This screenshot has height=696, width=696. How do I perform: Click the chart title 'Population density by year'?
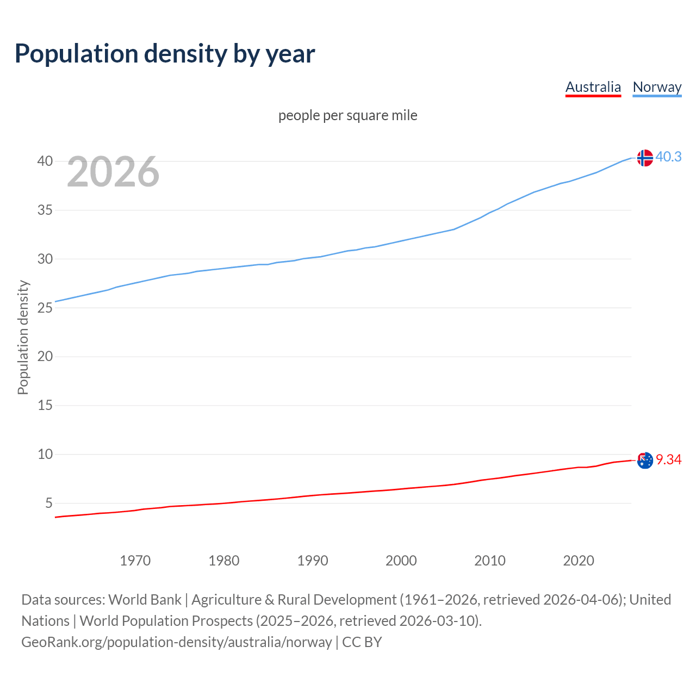tap(165, 53)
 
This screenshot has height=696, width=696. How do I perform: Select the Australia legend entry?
tap(593, 87)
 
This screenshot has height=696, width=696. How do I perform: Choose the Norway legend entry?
tap(657, 87)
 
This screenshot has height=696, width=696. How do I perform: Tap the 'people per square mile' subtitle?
tap(347, 115)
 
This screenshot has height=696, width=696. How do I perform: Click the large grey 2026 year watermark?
tap(113, 172)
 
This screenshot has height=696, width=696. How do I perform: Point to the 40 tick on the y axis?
tap(45, 161)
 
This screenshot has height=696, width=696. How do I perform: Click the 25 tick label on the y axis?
tap(45, 308)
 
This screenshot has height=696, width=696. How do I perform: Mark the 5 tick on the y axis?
tap(49, 503)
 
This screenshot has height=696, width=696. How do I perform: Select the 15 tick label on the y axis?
tap(45, 405)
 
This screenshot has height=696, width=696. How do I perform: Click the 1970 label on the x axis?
tap(135, 561)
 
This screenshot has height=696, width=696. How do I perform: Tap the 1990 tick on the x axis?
tap(312, 561)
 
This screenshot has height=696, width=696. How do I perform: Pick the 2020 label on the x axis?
tap(578, 561)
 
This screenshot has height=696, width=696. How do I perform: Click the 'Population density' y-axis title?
tap(23, 337)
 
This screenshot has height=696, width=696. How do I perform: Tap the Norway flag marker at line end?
tap(645, 158)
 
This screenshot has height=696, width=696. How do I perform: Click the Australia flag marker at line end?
tap(645, 460)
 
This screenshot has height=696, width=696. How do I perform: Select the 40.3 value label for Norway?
tap(668, 157)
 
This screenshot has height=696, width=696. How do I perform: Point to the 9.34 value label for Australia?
tap(668, 459)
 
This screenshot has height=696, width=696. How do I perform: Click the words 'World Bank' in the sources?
tap(145, 599)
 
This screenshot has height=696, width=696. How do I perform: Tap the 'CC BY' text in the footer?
tap(362, 642)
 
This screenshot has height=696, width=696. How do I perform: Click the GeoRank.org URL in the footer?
tap(176, 642)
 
